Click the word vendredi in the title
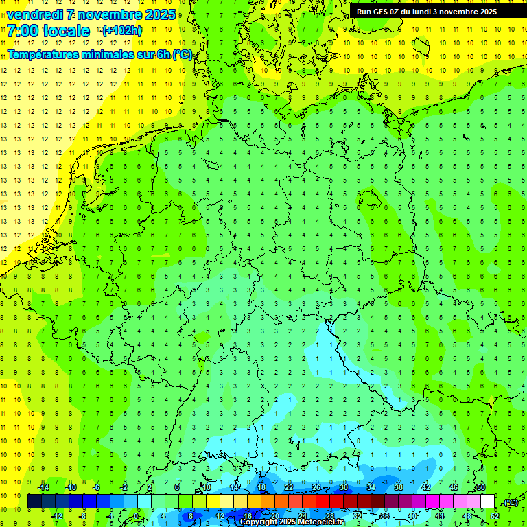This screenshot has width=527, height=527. tap(35, 14)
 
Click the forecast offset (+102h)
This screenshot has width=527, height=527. tap(122, 30)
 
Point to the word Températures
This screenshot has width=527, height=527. tap(41, 54)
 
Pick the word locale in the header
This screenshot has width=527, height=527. tap(65, 31)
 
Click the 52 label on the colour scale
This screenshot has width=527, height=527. tap(494, 516)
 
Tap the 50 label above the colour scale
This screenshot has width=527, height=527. tap(480, 487)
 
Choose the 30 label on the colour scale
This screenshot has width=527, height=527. tap(343, 487)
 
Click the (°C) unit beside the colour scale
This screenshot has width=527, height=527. tap(511, 502)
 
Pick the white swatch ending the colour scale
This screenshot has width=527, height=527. tap(487, 502)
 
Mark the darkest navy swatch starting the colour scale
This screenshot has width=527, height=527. tap(34, 502)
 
